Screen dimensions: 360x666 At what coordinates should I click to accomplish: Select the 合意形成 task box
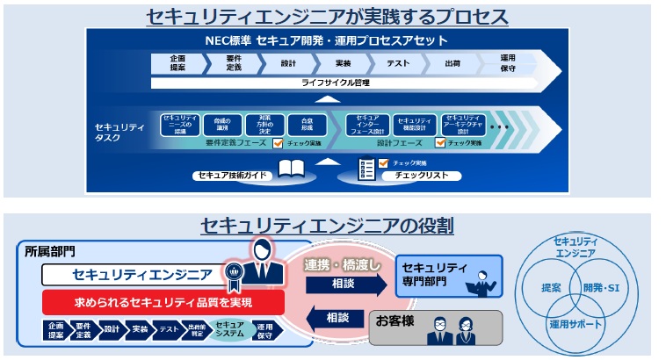point(306,123)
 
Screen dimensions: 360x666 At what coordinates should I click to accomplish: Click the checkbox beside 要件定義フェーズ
point(278,142)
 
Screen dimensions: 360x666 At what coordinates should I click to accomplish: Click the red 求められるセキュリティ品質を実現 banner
point(163,303)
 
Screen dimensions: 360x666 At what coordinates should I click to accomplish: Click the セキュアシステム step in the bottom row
point(229,330)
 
